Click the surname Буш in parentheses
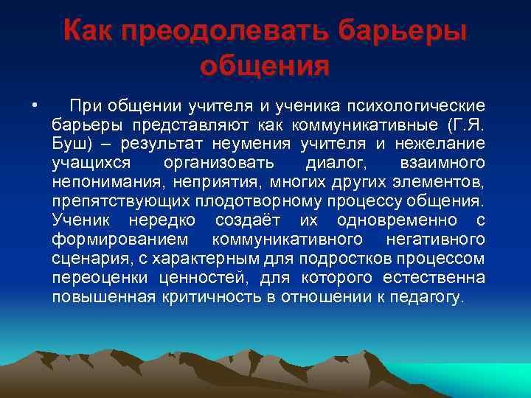[x=70, y=142]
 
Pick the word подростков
[x=350, y=259]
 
